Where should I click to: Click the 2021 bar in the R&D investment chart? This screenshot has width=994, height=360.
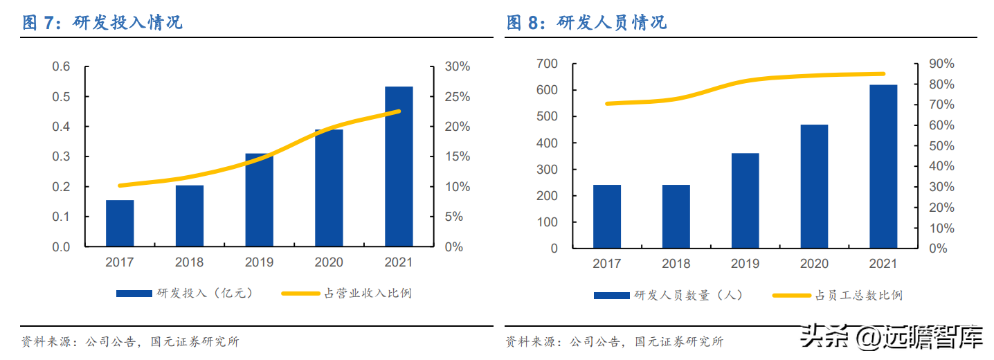(399, 167)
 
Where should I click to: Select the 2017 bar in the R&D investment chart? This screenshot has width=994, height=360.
(120, 223)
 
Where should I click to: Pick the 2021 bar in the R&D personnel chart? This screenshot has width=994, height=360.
(883, 166)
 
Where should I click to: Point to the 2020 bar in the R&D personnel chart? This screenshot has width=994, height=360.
(814, 186)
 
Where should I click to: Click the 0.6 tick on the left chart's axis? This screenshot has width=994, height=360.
(62, 67)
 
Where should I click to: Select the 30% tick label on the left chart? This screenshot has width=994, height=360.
(458, 67)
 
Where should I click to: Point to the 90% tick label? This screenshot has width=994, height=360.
(942, 64)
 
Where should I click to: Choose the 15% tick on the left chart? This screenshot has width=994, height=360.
(458, 157)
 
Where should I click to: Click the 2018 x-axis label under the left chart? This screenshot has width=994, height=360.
(189, 262)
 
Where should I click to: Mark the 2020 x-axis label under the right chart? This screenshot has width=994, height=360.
(814, 264)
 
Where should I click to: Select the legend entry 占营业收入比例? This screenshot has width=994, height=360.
(346, 293)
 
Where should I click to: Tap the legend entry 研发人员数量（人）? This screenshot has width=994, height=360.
(669, 295)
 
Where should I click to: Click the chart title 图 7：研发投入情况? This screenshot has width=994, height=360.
(102, 22)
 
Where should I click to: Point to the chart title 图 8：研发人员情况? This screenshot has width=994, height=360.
(587, 22)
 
